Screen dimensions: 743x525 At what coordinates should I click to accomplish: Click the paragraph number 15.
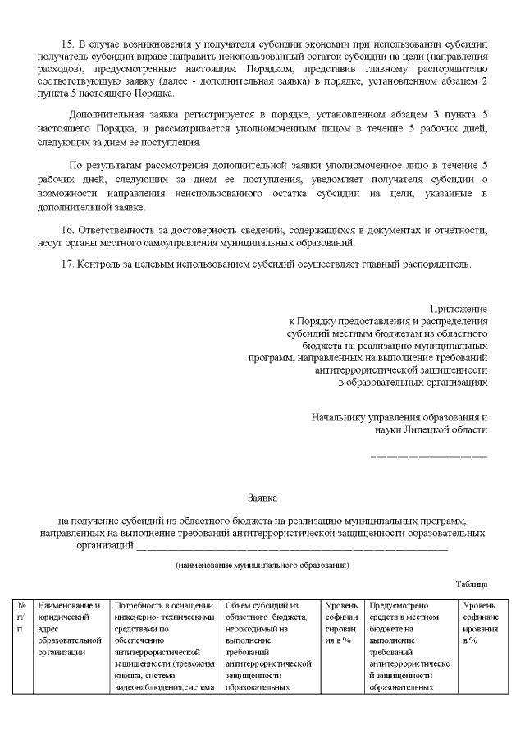pos(68,43)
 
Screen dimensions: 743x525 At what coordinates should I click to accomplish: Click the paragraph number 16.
pos(68,232)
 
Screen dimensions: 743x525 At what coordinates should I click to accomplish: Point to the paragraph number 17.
pos(68,264)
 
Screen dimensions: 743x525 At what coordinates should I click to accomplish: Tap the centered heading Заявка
pos(262,497)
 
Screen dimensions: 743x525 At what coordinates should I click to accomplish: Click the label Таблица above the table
pos(472,584)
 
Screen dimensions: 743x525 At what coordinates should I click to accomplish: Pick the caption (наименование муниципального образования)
pos(262,566)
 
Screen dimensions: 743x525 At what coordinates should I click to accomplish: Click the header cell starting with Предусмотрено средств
pos(410,644)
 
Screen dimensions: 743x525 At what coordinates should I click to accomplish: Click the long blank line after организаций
pos(291,547)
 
